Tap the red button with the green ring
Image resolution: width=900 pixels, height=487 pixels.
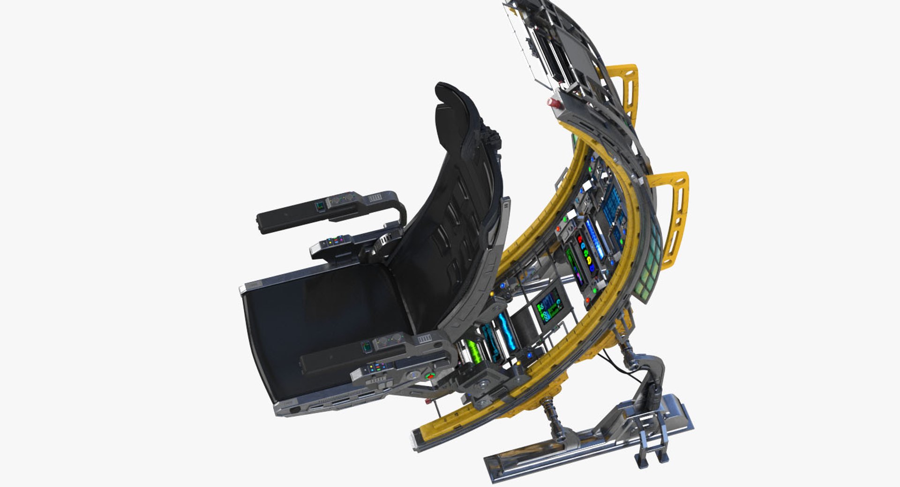click(429, 376)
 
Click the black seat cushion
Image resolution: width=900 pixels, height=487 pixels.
click(323, 328)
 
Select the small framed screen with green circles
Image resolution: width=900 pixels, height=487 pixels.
click(549, 308)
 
